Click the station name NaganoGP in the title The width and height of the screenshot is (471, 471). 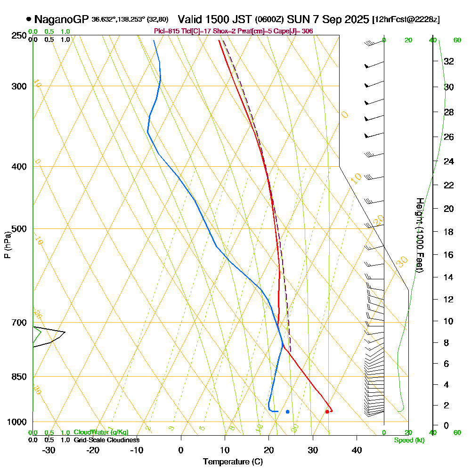[x=61, y=19]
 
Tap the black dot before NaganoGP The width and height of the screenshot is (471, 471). [x=29, y=19]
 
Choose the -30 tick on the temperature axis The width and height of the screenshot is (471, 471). [x=49, y=450]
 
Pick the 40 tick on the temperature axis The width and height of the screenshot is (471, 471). [x=357, y=450]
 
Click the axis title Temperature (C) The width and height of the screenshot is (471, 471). [x=233, y=462]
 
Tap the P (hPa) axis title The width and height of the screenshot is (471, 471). [x=7, y=245]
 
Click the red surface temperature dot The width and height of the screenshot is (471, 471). [x=327, y=412]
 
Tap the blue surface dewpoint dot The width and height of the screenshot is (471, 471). [x=287, y=412]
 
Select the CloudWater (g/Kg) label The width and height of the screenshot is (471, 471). [x=101, y=432]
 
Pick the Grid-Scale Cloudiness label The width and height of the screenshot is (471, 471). [x=106, y=440]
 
